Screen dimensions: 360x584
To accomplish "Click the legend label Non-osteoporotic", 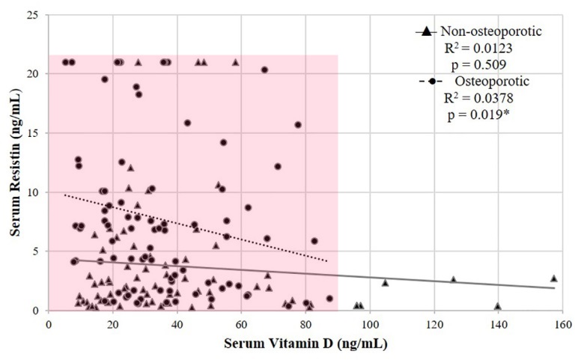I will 491,31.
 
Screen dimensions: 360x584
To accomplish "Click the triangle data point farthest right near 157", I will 554,278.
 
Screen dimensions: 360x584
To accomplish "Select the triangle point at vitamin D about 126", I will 453,280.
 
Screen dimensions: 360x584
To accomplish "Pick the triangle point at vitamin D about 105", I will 385,283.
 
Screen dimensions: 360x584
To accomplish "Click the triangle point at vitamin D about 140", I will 497,306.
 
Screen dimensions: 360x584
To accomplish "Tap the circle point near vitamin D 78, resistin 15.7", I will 298,125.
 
